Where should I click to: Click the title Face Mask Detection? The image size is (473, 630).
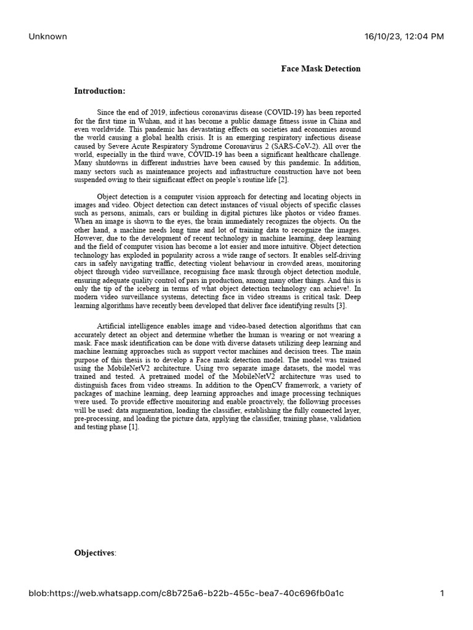[x=321, y=69]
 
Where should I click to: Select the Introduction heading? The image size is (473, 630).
[x=100, y=91]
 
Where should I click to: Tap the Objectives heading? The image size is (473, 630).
[x=95, y=553]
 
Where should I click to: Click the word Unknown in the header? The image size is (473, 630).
[x=47, y=36]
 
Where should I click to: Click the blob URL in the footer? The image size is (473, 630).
[x=187, y=593]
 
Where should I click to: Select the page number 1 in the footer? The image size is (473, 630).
[x=442, y=593]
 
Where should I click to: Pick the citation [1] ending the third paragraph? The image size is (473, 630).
[x=134, y=427]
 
